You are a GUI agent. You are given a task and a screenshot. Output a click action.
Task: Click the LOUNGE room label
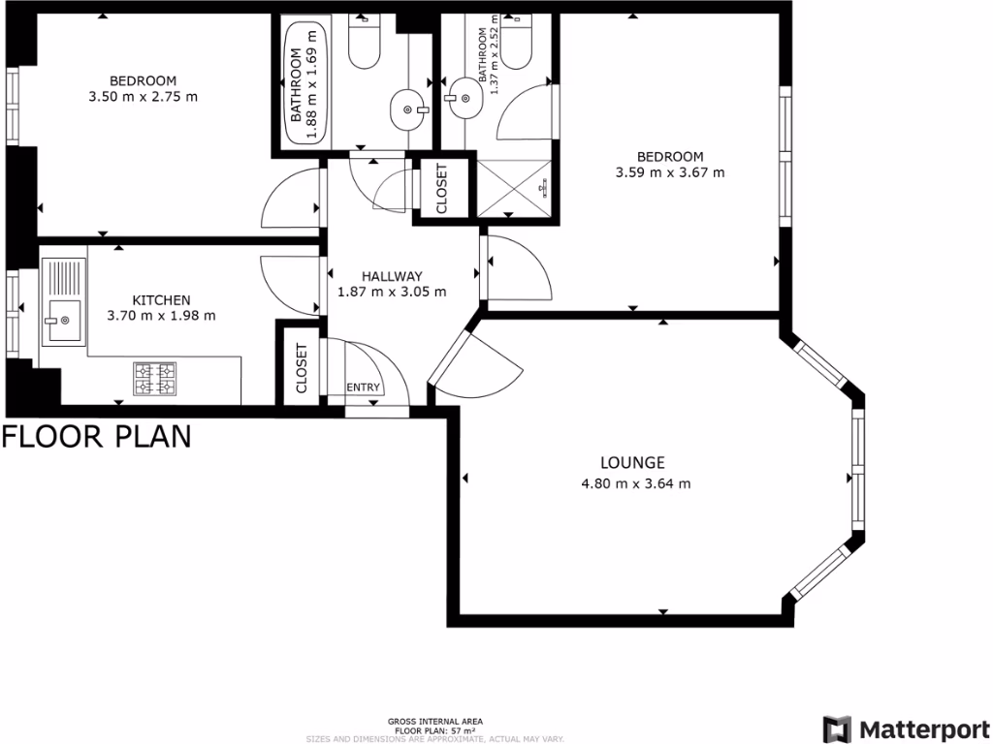[x=631, y=463]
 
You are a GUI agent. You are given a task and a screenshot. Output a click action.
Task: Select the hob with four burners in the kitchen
[x=154, y=378]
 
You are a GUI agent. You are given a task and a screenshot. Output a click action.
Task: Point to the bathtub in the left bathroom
[x=305, y=83]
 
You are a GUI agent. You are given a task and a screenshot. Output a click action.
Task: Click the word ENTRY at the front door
[x=364, y=387]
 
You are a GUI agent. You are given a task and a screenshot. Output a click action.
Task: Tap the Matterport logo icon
[x=838, y=729]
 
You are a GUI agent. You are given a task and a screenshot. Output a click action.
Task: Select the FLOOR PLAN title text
[x=96, y=437]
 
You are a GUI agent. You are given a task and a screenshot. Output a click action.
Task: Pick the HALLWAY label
[x=391, y=276]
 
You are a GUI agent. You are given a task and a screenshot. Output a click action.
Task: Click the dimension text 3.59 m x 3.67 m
[x=670, y=173]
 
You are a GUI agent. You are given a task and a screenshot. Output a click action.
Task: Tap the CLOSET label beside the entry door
[x=301, y=368]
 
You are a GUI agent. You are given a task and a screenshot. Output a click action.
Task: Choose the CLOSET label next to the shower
[x=441, y=190]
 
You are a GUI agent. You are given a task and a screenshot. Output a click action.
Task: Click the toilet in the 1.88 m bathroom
[x=364, y=46]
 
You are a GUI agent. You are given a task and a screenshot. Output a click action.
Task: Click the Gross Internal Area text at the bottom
[x=435, y=722]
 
